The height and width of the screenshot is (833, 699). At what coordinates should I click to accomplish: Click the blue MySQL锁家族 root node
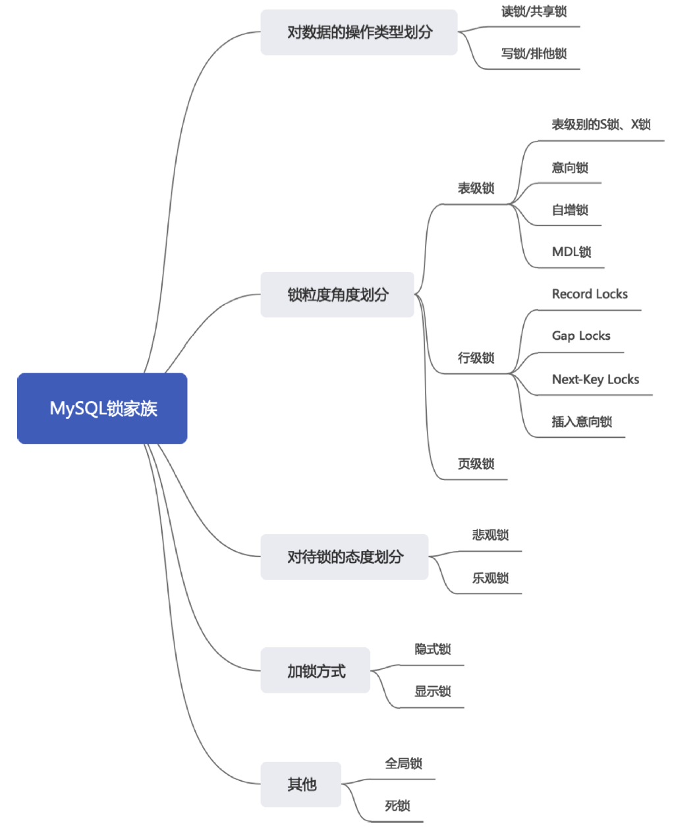102,408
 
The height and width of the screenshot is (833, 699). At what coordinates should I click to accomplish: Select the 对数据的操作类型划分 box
359,32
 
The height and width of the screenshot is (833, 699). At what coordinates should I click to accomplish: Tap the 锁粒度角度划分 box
337,294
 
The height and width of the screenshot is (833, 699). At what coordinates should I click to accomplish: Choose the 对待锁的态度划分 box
345,557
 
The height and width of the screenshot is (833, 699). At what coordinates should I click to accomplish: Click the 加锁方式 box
316,671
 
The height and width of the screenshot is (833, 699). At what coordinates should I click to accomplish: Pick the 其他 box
301,784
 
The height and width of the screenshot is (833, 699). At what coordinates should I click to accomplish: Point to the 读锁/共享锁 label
534,12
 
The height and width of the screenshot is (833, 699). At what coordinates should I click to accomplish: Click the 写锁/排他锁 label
534,54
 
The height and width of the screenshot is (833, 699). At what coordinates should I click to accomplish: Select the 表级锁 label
476,188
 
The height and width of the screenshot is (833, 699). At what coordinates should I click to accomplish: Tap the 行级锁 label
476,358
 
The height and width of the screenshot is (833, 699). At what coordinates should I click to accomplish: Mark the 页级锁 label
476,464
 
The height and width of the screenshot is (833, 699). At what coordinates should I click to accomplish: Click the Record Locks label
590,294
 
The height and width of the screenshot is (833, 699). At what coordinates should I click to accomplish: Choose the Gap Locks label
581,336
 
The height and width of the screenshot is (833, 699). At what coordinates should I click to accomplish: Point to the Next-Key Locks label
596,379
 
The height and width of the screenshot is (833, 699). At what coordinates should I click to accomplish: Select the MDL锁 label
571,252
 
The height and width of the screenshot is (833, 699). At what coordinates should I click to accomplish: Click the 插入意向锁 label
582,422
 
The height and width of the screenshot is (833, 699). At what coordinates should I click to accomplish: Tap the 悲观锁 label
490,535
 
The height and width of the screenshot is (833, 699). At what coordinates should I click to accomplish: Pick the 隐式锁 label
433,650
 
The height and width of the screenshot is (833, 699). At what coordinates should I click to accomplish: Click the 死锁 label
397,806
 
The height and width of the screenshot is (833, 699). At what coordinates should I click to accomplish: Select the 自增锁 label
570,210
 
